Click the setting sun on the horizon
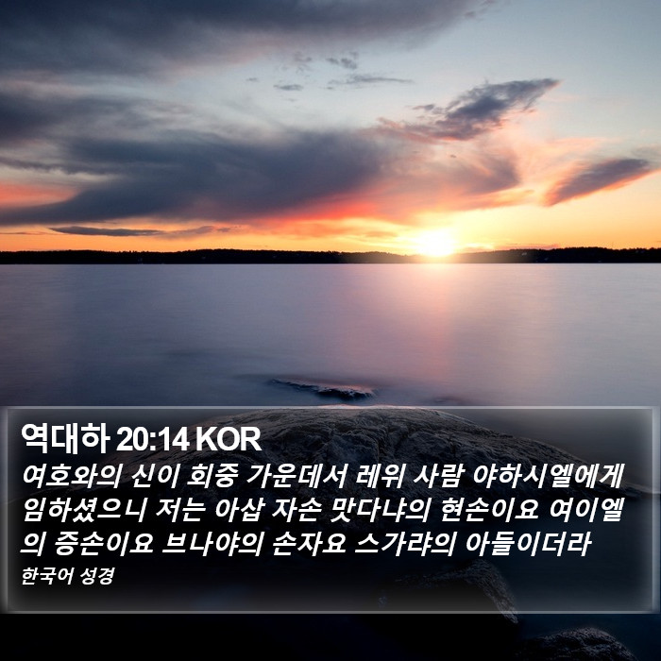click(x=435, y=244)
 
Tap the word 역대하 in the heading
click(x=65, y=439)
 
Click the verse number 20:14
click(x=152, y=440)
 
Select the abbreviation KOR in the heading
click(x=229, y=440)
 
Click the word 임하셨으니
click(x=83, y=509)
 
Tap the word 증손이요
click(x=104, y=543)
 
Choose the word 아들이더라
click(x=527, y=543)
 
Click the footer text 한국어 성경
click(x=67, y=576)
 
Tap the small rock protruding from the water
click(x=322, y=389)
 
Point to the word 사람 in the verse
click(x=438, y=476)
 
